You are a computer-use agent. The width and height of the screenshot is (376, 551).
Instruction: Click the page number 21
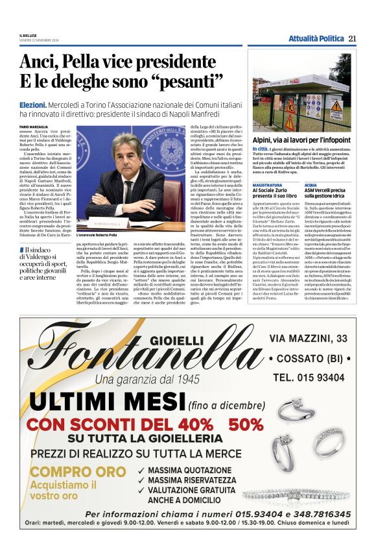click(x=352, y=38)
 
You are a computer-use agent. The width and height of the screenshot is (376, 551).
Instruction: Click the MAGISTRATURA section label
click(x=267, y=185)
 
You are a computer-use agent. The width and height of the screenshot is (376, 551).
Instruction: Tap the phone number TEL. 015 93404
click(x=311, y=377)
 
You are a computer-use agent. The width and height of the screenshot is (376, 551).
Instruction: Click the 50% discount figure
click(x=243, y=424)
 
